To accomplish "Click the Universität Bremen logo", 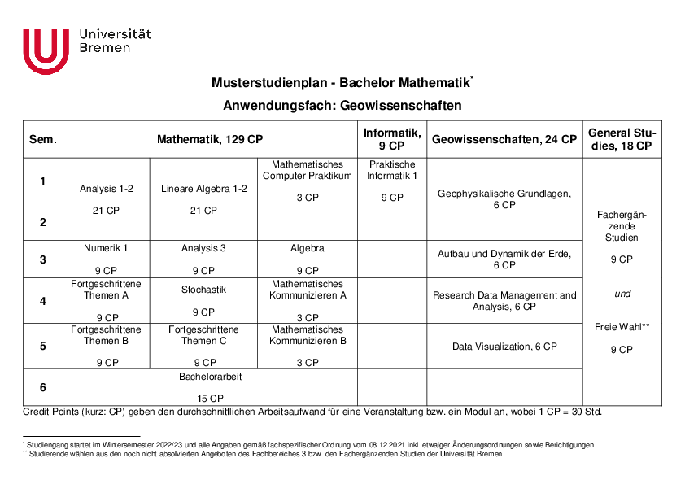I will coord(86,50).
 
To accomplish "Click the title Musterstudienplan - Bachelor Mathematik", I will coord(341,83).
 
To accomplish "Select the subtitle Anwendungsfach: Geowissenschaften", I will coord(342,106).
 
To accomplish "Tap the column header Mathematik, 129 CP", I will coord(210,139).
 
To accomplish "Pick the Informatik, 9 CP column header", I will coord(391,139).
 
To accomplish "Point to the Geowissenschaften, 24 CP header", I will coord(504,139).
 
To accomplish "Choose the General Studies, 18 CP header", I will coord(622,139).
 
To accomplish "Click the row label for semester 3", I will coord(43,259).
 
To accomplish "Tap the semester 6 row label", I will coord(43,387).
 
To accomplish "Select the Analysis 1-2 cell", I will coord(107,198).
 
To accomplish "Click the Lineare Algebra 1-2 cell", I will coord(203,198).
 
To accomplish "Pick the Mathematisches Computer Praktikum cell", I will coord(308,180).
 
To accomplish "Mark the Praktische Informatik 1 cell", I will coord(391,180).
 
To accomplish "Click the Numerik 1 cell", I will coord(107,259).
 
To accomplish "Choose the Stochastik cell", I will coord(203,299).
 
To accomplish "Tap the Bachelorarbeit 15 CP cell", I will coord(210,387).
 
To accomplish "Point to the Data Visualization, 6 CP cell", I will coord(504,347).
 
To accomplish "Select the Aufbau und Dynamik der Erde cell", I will coord(504,259).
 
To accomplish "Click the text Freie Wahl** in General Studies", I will coord(622,327).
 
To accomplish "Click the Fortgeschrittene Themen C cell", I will coord(203,346).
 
